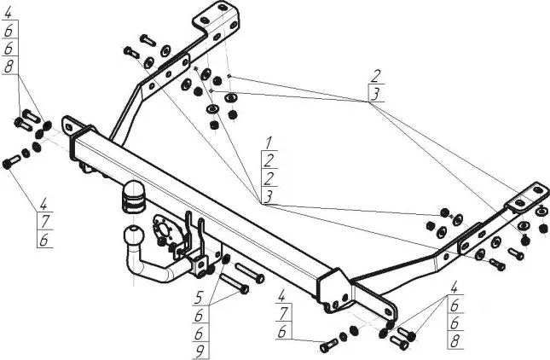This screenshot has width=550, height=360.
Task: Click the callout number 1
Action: point(268,141)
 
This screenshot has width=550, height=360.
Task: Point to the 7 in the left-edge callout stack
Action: point(43,223)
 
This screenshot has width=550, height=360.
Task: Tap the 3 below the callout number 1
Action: point(268,195)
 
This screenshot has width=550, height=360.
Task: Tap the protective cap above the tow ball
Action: point(135,195)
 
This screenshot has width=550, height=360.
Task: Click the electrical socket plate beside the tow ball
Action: point(163,231)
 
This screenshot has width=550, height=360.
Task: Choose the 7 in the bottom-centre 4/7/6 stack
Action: point(281,315)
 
